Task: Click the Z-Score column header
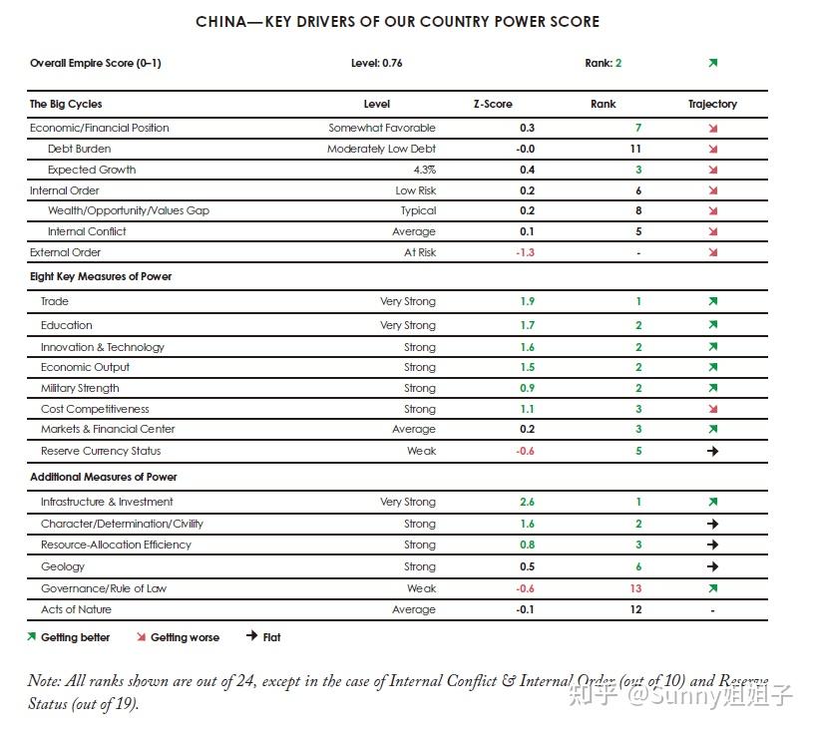coord(492,104)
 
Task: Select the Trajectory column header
coord(712,104)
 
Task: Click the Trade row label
coord(55,301)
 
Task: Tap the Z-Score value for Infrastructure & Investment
coord(527,502)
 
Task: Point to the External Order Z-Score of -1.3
coord(525,252)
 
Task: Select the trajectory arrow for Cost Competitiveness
coord(712,409)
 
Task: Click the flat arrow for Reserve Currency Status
coord(712,451)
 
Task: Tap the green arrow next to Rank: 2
coord(712,63)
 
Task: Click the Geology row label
coord(63,566)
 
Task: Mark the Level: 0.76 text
coord(376,63)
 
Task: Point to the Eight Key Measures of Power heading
coord(101,276)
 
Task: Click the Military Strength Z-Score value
coord(527,388)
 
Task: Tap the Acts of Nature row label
coord(76,609)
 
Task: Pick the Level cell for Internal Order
coord(415,190)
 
